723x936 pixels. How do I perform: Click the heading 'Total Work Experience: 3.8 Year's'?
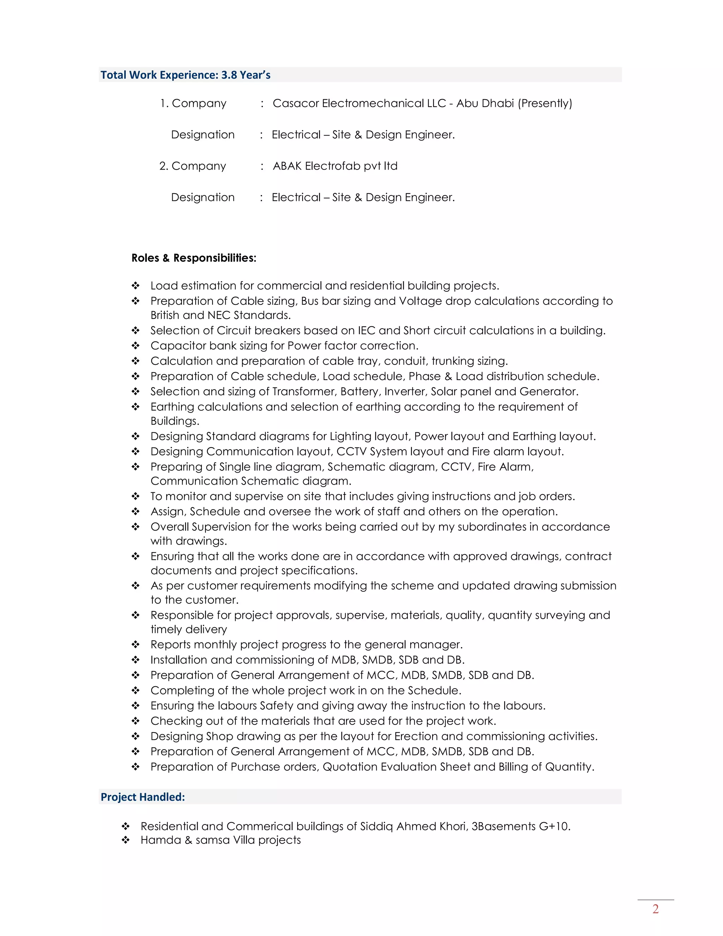185,75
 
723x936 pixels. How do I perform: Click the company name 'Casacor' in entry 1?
295,103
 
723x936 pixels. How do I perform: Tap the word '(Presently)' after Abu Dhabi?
545,103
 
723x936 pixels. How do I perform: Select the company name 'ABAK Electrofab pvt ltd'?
335,166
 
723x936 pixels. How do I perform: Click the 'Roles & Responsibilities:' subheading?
193,258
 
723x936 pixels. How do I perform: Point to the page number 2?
655,909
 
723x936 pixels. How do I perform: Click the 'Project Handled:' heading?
143,797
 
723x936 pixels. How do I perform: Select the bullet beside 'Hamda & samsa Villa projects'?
125,840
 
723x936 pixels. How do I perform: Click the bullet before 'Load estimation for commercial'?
135,286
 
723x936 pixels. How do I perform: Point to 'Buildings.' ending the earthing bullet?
175,421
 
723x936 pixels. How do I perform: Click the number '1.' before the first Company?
164,103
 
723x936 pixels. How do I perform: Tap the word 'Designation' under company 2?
203,197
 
